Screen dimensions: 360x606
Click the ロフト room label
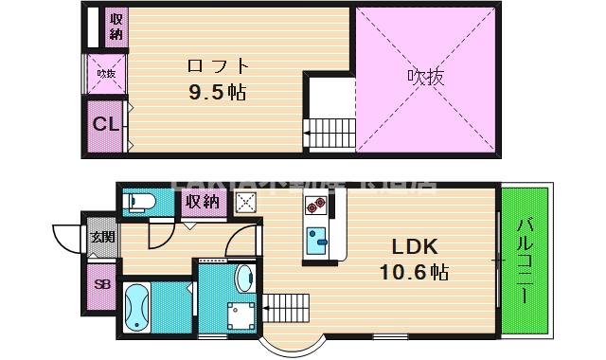pyautogui.click(x=218, y=66)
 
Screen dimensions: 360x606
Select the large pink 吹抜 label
pyautogui.click(x=425, y=76)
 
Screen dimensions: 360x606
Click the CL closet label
pyautogui.click(x=105, y=123)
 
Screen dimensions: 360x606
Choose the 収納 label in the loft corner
pyautogui.click(x=115, y=27)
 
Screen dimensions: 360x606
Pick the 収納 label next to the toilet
pyautogui.click(x=203, y=202)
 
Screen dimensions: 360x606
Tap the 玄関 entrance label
pyautogui.click(x=102, y=237)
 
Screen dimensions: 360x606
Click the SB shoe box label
pyautogui.click(x=101, y=281)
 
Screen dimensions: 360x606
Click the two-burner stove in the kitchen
pyautogui.click(x=315, y=204)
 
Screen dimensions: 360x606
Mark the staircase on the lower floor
pyautogui.click(x=287, y=303)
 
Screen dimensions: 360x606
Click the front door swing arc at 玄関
pyautogui.click(x=68, y=237)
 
